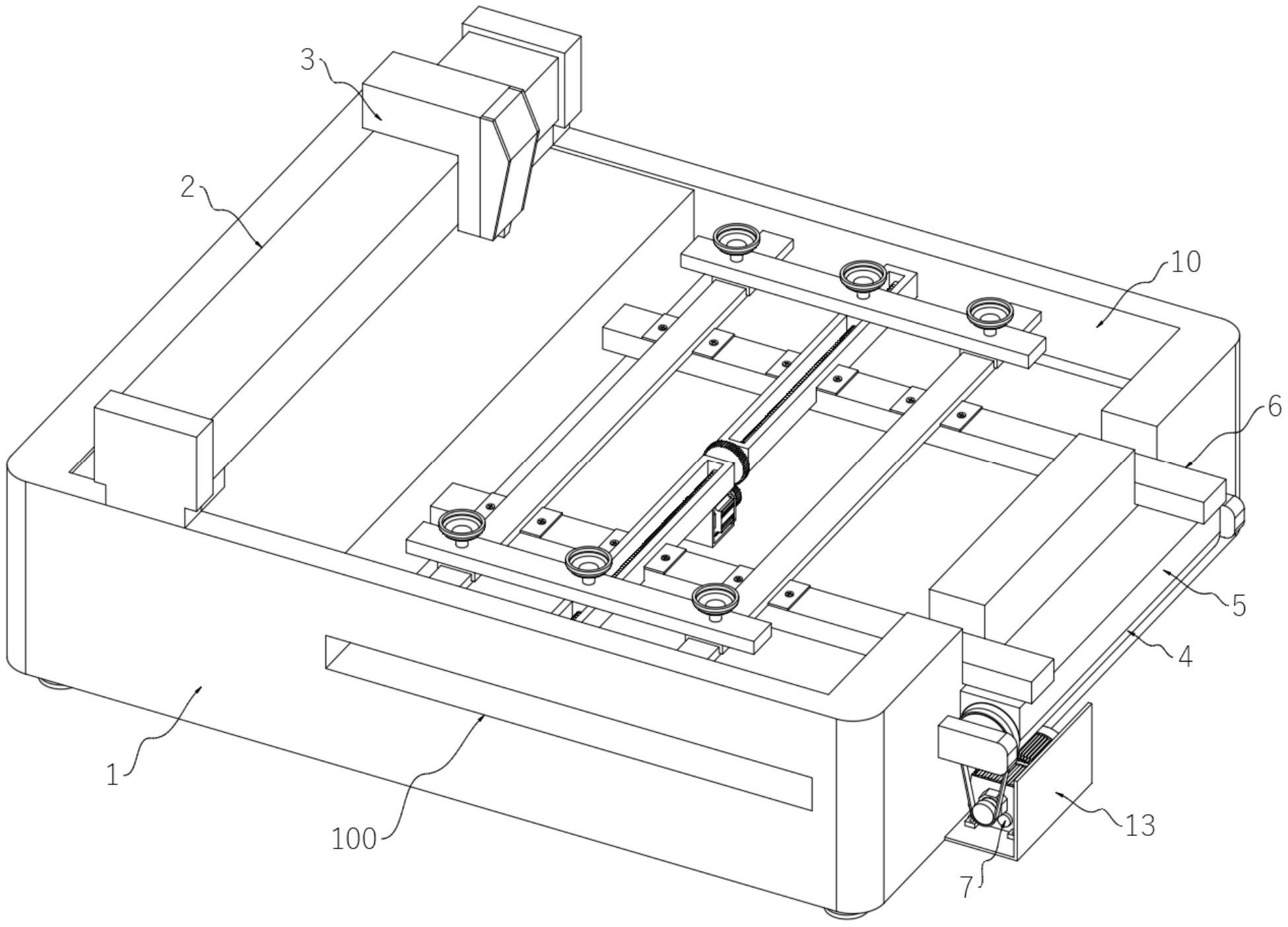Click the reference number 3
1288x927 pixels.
(308, 61)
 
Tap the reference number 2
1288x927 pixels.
(188, 188)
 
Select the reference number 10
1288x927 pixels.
(1186, 262)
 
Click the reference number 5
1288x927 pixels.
(1239, 605)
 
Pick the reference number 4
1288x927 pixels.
(1186, 657)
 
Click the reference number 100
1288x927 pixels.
(354, 840)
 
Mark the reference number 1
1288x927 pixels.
(113, 775)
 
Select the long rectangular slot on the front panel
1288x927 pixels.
(568, 723)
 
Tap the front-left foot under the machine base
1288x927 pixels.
(53, 683)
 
